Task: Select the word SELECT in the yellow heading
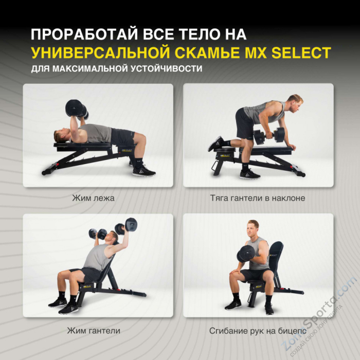(x=300, y=52)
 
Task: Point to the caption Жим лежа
(x=93, y=197)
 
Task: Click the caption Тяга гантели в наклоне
(x=258, y=197)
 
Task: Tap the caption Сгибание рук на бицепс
(x=258, y=331)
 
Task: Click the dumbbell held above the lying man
(x=77, y=109)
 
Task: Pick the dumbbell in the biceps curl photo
(x=245, y=253)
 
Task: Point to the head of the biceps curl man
(x=253, y=228)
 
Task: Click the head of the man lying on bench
(x=62, y=135)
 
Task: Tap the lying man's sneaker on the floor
(x=143, y=171)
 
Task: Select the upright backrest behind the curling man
(x=276, y=257)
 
